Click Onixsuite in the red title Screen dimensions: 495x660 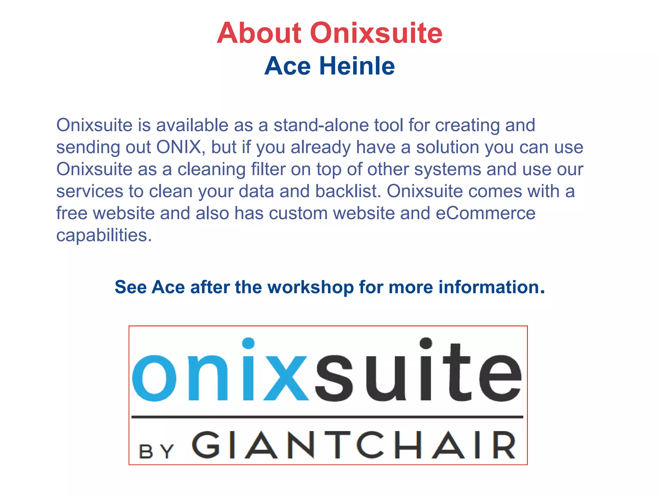376,33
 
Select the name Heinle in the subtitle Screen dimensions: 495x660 357,66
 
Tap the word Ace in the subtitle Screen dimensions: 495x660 287,66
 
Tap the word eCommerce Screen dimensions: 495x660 486,213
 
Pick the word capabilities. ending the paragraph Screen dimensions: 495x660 104,236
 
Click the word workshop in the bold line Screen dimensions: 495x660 311,287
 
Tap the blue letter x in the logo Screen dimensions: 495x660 286,378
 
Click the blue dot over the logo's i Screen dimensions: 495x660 248,344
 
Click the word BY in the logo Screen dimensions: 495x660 156,451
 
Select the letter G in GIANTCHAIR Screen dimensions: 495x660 206,445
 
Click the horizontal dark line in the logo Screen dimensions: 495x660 327,417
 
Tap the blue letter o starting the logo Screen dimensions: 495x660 154,378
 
